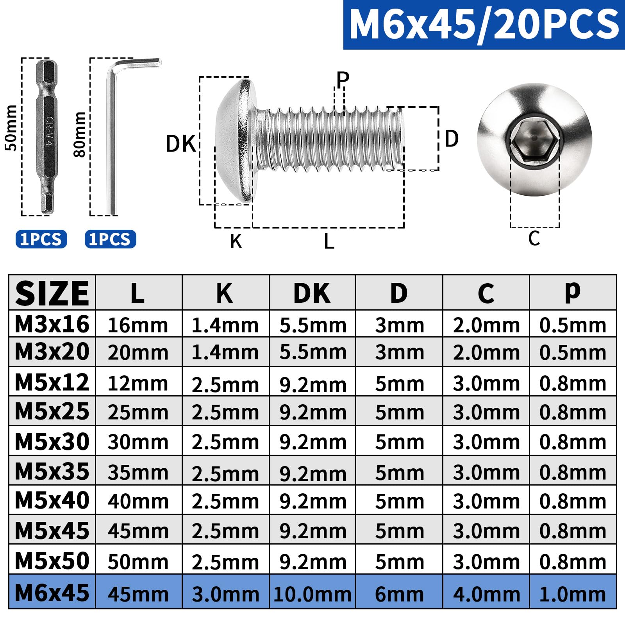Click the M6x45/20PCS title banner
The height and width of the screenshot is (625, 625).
484,24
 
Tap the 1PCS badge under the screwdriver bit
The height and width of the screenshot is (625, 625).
41,239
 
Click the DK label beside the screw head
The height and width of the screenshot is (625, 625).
180,144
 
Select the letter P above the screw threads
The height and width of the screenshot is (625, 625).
343,79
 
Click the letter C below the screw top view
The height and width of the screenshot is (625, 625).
534,238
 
